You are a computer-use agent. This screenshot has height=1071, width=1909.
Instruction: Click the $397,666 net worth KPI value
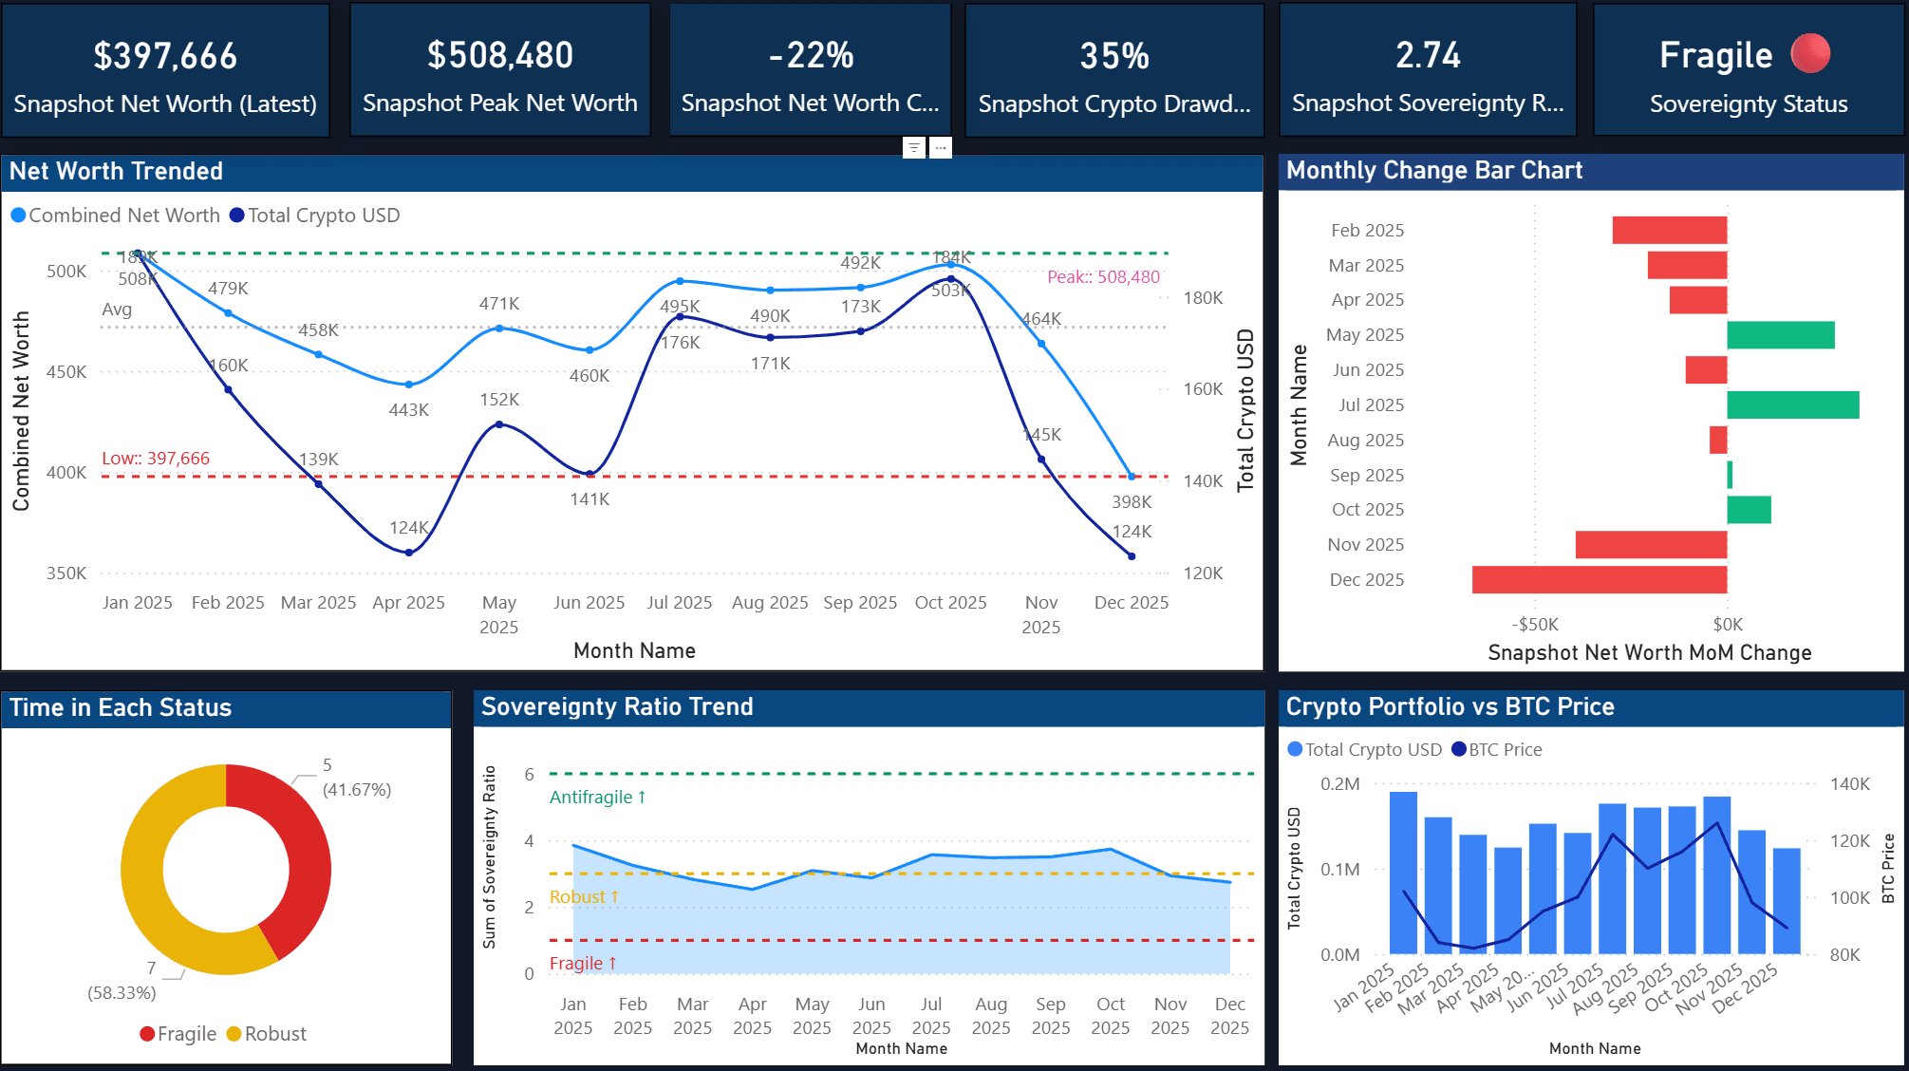(165, 56)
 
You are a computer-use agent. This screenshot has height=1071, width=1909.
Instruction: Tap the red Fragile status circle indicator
(1809, 54)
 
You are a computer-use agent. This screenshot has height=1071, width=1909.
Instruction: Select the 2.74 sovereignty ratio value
(1428, 55)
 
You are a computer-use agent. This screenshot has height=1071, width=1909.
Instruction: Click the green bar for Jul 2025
(1792, 405)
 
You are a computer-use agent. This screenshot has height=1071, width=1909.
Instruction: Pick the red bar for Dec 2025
(1599, 580)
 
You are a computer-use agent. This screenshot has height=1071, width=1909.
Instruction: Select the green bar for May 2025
(1780, 335)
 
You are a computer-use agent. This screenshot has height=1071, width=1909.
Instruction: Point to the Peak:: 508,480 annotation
(1103, 277)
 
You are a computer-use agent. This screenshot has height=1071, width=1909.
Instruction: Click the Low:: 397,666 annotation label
(156, 459)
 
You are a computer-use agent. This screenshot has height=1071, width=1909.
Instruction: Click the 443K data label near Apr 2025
(409, 410)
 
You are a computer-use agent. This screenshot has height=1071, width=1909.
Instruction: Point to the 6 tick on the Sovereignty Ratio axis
(529, 775)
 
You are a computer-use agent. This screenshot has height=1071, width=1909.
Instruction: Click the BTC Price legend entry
(1505, 750)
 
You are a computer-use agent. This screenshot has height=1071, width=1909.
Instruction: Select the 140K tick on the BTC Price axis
(1849, 784)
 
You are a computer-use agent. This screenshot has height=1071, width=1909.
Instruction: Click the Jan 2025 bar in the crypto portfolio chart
(1403, 872)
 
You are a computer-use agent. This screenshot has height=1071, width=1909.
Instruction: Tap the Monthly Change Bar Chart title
(1433, 171)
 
